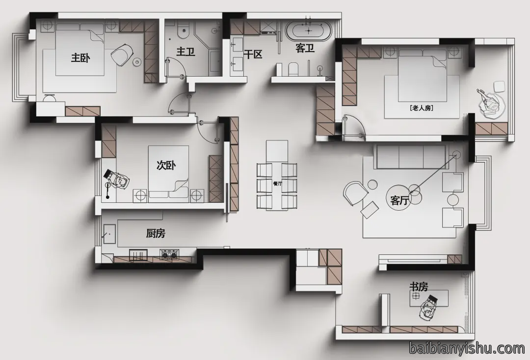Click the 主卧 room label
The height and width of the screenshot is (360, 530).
point(80,57)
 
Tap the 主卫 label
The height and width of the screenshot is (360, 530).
point(185,52)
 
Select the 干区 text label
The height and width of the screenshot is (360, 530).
point(253,54)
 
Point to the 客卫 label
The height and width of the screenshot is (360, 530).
point(305,48)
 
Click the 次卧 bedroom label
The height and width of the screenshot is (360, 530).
point(166,165)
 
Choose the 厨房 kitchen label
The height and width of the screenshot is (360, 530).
point(156,233)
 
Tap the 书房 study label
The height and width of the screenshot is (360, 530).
point(419,287)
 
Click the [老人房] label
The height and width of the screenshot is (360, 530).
point(421,108)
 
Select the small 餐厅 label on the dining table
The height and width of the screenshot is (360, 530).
point(277,183)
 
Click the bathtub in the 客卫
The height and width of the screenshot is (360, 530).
point(309,31)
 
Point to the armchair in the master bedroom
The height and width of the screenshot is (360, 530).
point(122,54)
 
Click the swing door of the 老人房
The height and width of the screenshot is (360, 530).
point(354,127)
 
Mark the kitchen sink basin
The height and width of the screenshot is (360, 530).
point(110,234)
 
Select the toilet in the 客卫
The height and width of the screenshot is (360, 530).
point(293,69)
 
